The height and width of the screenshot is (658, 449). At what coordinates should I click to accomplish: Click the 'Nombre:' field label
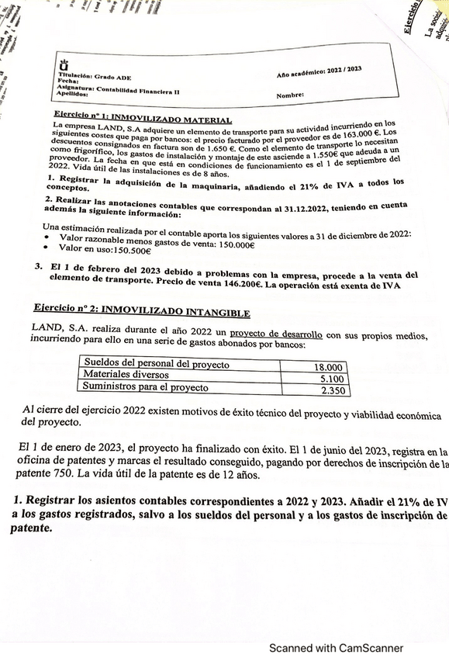pyautogui.click(x=290, y=95)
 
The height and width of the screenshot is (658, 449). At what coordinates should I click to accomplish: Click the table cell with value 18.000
pyautogui.click(x=328, y=366)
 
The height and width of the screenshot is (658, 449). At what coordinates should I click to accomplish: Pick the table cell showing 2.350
pyautogui.click(x=332, y=391)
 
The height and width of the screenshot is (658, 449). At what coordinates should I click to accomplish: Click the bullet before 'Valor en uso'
pyautogui.click(x=48, y=248)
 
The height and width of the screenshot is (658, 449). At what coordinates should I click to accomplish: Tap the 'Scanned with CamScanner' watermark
pyautogui.click(x=336, y=648)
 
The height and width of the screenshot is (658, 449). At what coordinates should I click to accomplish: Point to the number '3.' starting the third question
pyautogui.click(x=38, y=265)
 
